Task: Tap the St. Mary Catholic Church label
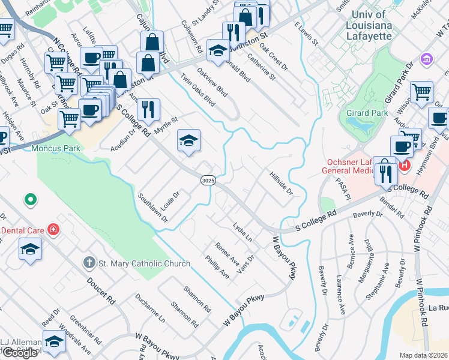pos(144,263)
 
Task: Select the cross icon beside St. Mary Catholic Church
pos(89,262)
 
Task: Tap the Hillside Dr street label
pos(280,183)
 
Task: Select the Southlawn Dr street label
pos(152,208)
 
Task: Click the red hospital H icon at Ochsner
pos(405,164)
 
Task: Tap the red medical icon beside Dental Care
pos(53,230)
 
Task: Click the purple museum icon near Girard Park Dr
pos(426,59)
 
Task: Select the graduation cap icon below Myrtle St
pos(188,142)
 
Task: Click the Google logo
pos(20,352)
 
